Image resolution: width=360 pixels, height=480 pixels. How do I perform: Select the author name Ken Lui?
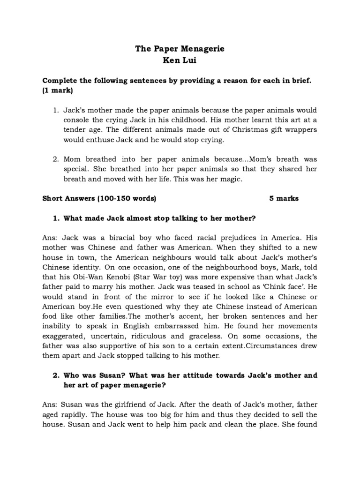coord(180,61)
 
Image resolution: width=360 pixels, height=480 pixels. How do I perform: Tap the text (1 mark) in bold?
coord(58,90)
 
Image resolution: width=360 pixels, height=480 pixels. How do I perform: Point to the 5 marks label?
coord(284,198)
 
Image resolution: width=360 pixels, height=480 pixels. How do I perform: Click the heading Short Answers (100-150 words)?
coord(99,198)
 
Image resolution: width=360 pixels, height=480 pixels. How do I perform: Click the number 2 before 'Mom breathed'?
coord(56,159)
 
